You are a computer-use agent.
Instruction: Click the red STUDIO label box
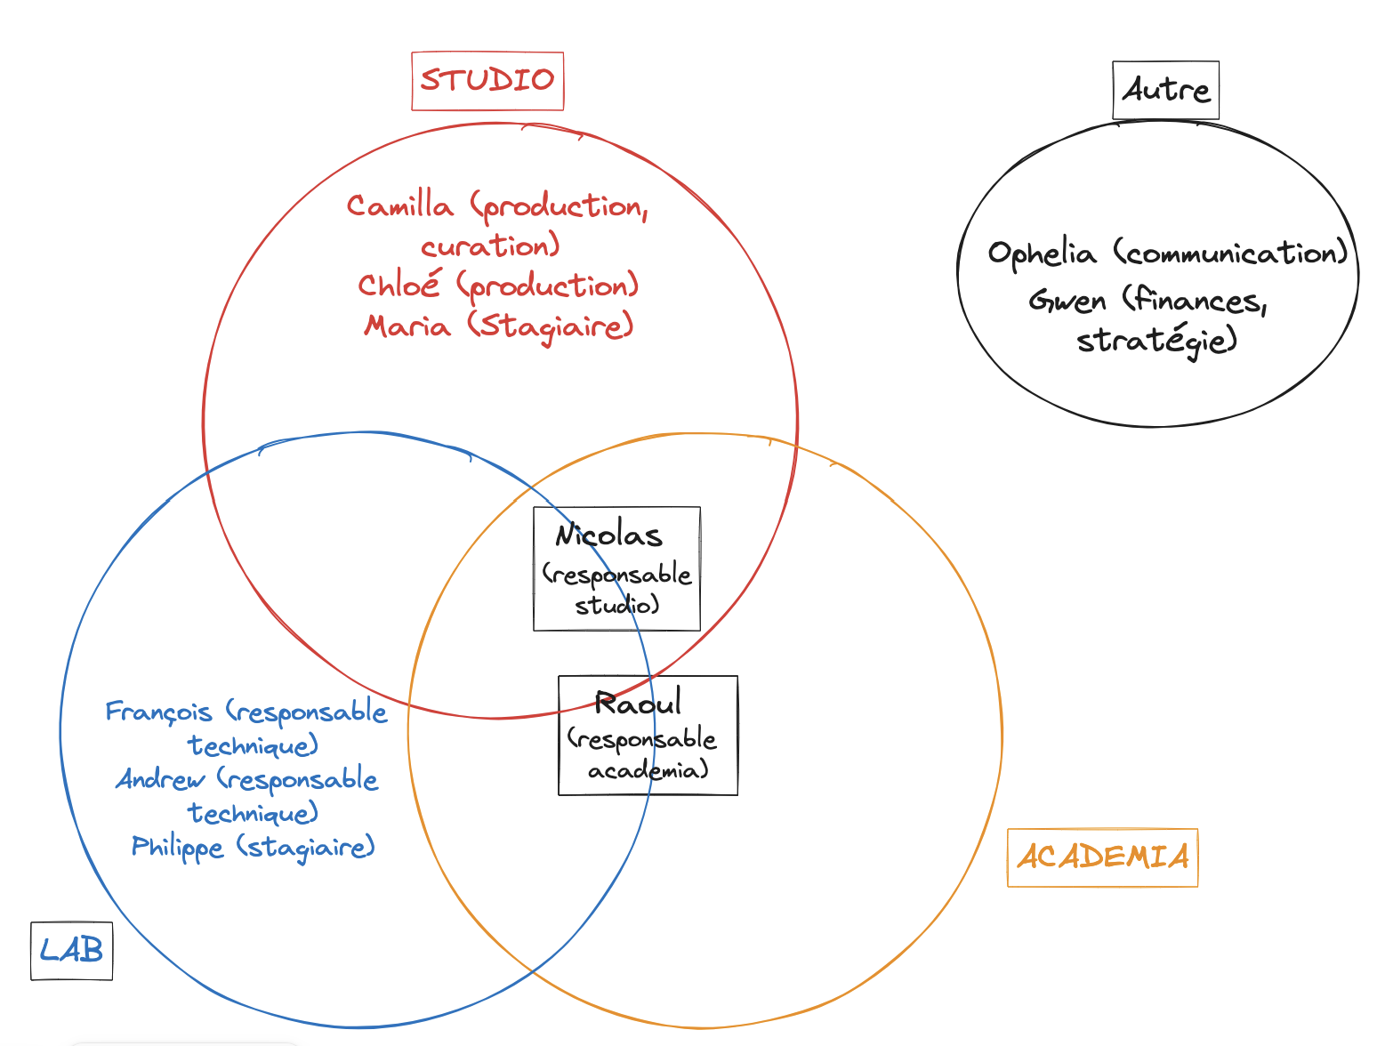click(x=487, y=81)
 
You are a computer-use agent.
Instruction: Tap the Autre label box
click(x=1165, y=90)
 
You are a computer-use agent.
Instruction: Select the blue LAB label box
click(x=71, y=951)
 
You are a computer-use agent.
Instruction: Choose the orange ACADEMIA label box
click(x=1102, y=857)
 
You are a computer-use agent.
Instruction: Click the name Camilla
click(x=400, y=206)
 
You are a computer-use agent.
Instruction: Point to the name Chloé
click(x=399, y=286)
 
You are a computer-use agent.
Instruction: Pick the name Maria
click(x=407, y=326)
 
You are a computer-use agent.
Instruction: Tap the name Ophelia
click(x=1042, y=254)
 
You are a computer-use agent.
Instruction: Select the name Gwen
click(x=1067, y=302)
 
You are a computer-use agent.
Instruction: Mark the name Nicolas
click(x=609, y=535)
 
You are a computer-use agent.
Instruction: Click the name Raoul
click(x=638, y=704)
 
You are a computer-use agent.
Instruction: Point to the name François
click(x=158, y=712)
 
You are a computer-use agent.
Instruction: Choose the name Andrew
click(x=160, y=780)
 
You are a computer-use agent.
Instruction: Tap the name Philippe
click(x=177, y=847)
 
